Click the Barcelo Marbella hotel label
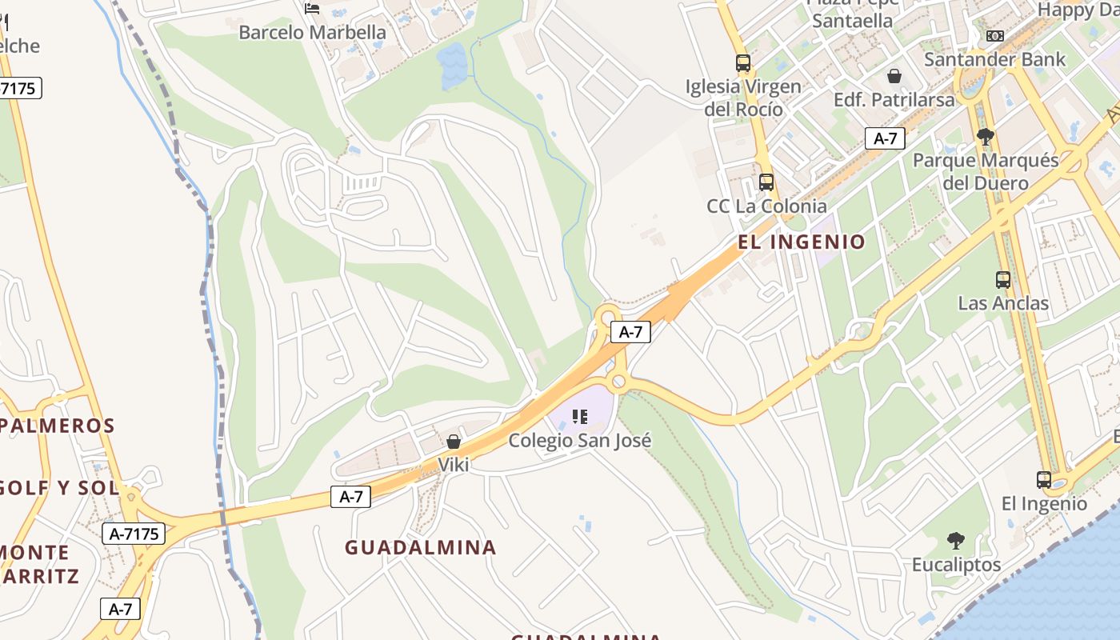[x=312, y=33]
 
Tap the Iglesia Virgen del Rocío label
[x=743, y=97]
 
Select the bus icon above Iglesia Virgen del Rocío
[x=743, y=62]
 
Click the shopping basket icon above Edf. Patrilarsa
[x=894, y=77]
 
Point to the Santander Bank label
[x=995, y=59]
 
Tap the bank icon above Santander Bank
[x=995, y=36]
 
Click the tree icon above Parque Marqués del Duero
[x=986, y=137]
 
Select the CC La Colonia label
[x=766, y=206]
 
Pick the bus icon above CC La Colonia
[x=766, y=182]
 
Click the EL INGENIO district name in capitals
[x=802, y=242]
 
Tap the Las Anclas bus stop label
[x=1003, y=303]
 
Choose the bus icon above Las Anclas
[x=1003, y=280]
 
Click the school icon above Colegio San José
[x=580, y=417]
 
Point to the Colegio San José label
[x=580, y=440]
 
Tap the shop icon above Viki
[x=454, y=442]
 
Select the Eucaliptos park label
[x=956, y=565]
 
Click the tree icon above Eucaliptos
[x=956, y=541]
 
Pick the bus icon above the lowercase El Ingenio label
[x=1044, y=480]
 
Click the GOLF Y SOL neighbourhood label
[x=60, y=487]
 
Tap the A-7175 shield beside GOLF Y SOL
[x=134, y=534]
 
